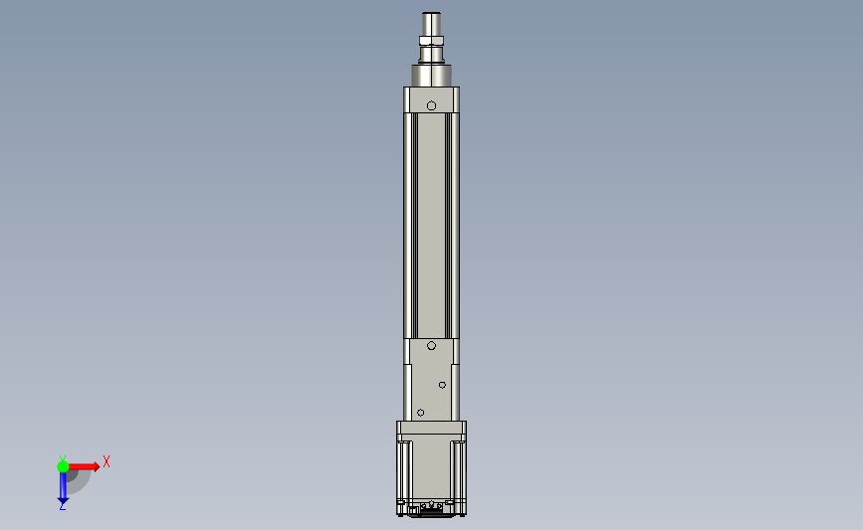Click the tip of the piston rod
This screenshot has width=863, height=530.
(432, 13)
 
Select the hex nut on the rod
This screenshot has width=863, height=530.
(432, 40)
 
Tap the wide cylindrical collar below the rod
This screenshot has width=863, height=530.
(432, 76)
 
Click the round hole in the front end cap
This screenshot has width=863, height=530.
(432, 105)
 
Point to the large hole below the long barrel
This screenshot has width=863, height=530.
(432, 346)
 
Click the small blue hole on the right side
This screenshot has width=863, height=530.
(443, 385)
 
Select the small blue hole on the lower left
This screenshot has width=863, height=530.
(420, 413)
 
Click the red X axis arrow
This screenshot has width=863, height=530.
(84, 466)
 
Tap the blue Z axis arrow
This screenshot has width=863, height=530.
(63, 487)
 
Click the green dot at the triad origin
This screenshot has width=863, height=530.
(63, 466)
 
